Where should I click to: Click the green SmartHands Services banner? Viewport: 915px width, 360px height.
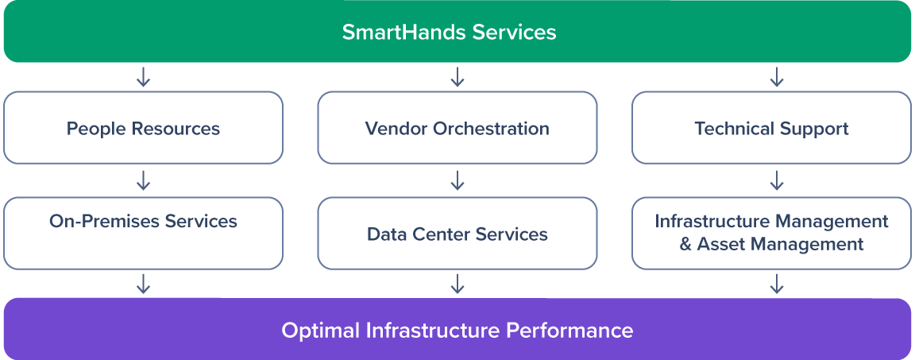click(x=457, y=32)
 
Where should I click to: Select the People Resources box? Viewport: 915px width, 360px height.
click(x=144, y=128)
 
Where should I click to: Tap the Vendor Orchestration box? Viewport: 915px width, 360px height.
click(x=457, y=128)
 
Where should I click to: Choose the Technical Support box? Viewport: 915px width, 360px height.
click(x=771, y=128)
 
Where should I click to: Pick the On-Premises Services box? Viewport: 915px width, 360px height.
click(x=144, y=234)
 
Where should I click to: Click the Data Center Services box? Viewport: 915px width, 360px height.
click(x=457, y=234)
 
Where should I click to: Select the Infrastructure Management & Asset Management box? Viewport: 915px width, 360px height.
click(x=771, y=234)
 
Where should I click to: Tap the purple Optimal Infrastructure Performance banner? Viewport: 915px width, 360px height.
click(x=457, y=329)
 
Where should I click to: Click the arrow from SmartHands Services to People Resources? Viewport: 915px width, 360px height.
click(x=143, y=77)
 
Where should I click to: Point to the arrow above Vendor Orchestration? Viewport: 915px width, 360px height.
click(x=457, y=77)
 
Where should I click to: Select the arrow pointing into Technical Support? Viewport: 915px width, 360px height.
click(x=776, y=77)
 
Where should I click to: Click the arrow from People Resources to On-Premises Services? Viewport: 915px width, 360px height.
click(x=143, y=180)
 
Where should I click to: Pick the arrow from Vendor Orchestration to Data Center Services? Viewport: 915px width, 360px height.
click(x=457, y=180)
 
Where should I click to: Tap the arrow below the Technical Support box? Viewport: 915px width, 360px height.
click(x=776, y=180)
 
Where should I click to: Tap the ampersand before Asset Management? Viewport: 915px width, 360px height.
click(x=685, y=244)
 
